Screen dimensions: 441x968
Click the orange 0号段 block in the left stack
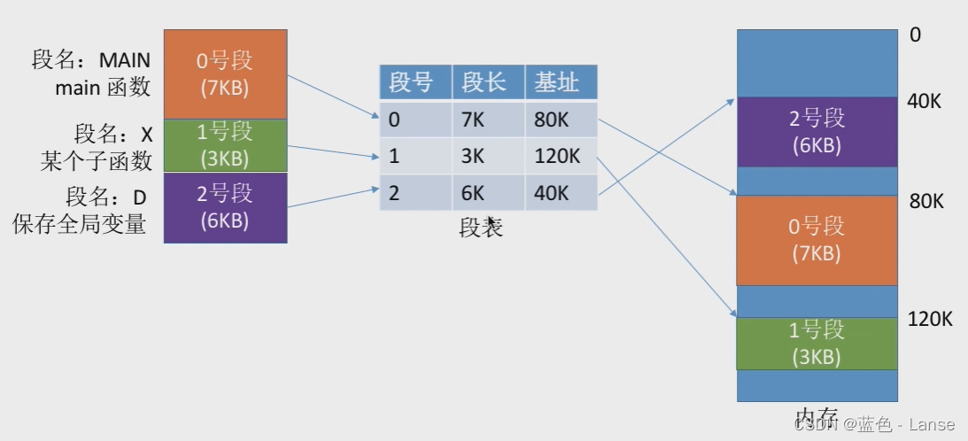(x=225, y=73)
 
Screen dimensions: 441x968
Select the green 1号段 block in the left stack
(x=225, y=145)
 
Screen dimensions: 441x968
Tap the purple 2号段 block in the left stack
(x=225, y=207)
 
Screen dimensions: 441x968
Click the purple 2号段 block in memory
(x=816, y=131)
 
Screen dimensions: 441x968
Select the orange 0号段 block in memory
(x=816, y=239)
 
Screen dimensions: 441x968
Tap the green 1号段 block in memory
(x=816, y=343)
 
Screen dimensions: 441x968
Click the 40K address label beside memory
(x=924, y=101)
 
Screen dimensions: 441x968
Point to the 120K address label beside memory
(x=930, y=320)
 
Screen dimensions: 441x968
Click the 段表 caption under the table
(x=481, y=228)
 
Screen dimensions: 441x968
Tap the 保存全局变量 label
(x=79, y=224)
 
